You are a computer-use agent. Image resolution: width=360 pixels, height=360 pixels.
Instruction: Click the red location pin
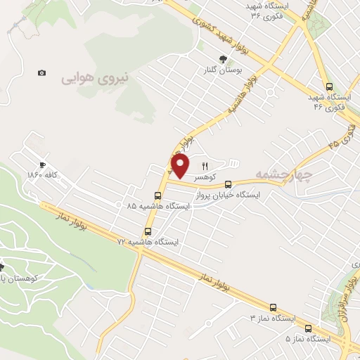coord(181,166)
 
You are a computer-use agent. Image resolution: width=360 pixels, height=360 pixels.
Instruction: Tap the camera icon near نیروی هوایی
coord(42,73)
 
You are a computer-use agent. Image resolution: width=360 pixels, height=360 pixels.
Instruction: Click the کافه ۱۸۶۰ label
coord(42,174)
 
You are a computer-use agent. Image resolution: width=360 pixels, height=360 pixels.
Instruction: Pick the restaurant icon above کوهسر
coord(205,167)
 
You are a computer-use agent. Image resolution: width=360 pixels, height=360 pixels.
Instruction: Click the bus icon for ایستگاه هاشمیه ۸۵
coord(157,196)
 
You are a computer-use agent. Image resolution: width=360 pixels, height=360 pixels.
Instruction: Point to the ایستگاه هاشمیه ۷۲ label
coord(148,241)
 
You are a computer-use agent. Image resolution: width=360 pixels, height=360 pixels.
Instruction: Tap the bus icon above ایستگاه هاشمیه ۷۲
coord(148,231)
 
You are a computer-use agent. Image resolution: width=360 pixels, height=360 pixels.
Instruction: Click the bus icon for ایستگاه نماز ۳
coord(273,307)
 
